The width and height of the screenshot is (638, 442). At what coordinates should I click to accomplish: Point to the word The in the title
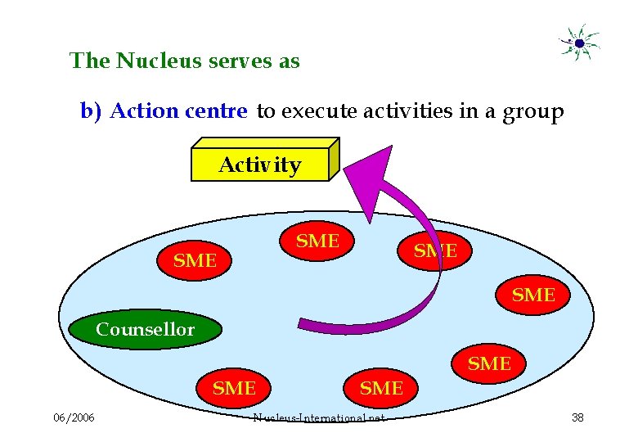tap(90, 61)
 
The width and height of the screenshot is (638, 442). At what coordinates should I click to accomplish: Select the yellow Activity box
tap(259, 165)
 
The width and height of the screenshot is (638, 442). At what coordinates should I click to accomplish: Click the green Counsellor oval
tap(146, 330)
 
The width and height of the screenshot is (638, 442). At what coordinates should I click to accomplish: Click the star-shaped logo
tap(579, 43)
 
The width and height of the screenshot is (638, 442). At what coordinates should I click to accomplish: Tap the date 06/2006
tap(74, 418)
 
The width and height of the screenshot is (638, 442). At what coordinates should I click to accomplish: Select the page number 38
tap(577, 418)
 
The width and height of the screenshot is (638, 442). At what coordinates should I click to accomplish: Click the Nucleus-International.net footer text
tap(319, 418)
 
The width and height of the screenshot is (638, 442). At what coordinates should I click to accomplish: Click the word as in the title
tap(289, 61)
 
